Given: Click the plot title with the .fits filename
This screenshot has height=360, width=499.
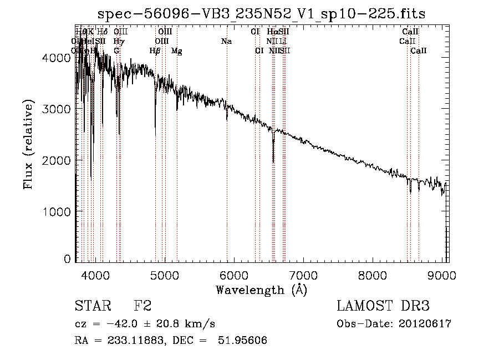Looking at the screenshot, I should pos(262,14).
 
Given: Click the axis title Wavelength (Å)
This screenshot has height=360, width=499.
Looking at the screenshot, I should pos(261,290).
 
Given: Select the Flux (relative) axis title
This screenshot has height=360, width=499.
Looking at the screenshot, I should pos(28,145).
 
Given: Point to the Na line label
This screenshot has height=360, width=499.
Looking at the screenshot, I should pos(226,41).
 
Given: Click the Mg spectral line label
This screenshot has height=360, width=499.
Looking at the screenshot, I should pos(176,51).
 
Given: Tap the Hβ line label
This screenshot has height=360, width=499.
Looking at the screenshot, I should pos(155,51).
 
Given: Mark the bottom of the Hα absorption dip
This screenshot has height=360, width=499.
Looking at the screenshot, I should pos(273,161).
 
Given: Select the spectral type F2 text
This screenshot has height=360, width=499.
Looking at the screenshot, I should pos(142,307).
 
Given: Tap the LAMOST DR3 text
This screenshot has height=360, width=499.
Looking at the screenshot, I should pos(383,307).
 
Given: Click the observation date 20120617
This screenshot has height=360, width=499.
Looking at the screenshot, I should pos(426,324).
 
